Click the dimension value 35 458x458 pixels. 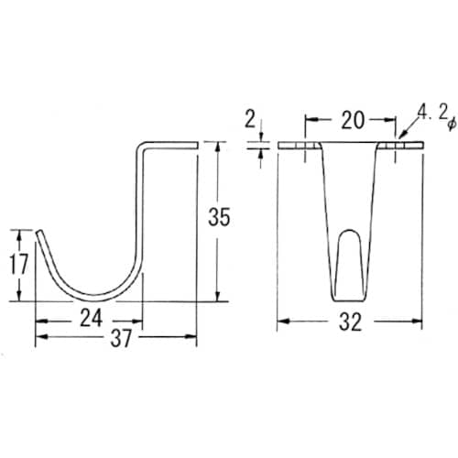(x=220, y=219)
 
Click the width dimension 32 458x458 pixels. (x=351, y=322)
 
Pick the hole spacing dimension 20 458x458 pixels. (x=352, y=118)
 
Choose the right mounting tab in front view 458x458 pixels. (x=409, y=147)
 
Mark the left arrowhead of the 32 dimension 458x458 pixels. (x=280, y=322)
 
